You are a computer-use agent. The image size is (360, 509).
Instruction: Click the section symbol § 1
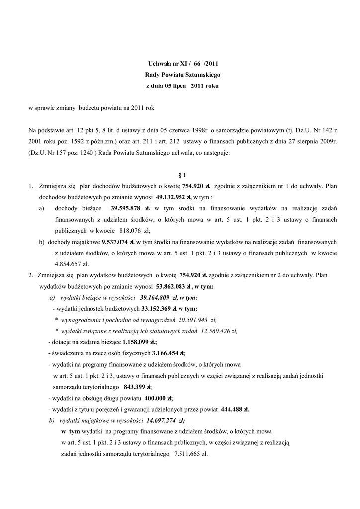tap(181, 175)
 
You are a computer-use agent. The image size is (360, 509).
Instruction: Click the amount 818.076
tap(131, 231)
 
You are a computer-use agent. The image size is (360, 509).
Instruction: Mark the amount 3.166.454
tap(165, 353)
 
